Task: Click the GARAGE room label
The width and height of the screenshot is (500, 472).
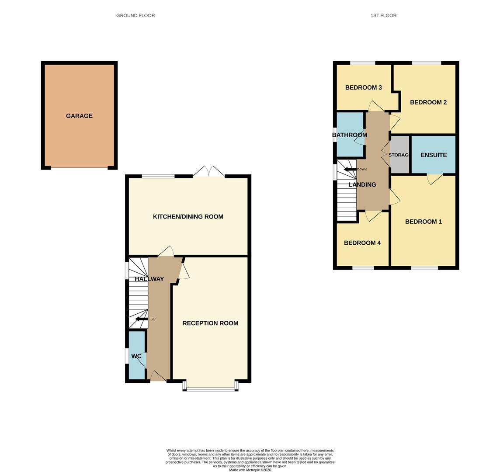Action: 79,116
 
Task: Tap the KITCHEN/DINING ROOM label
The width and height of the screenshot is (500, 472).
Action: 188,217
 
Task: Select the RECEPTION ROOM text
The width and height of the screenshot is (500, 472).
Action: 210,323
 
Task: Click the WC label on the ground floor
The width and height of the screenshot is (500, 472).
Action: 136,356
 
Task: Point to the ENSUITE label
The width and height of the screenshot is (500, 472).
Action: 434,155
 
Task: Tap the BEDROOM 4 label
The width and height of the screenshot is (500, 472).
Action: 362,243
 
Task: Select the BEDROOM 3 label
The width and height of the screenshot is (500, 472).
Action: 364,88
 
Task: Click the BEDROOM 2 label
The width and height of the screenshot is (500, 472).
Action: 428,102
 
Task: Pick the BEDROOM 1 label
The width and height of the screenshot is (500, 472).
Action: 424,222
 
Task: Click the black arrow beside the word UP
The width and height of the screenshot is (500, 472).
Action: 141,319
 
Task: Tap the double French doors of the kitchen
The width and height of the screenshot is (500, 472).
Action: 209,172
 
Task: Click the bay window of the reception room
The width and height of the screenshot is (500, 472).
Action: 210,386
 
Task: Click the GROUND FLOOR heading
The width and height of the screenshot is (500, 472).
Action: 135,15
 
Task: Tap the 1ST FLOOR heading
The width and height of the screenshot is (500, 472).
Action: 383,15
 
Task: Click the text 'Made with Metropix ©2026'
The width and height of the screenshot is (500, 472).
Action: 250,470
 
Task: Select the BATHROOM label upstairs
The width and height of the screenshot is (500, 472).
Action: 350,135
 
